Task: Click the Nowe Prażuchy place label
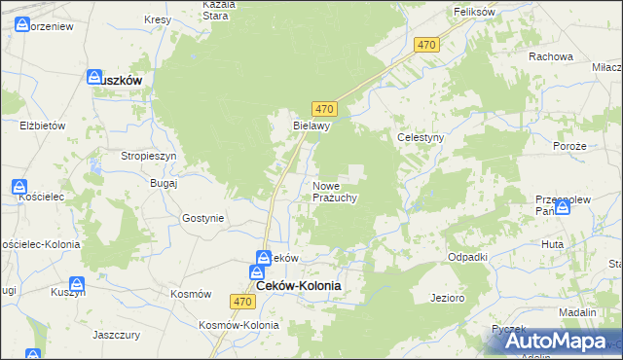coord(336,192)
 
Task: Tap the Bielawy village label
coord(313,126)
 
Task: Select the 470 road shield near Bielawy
coord(325,108)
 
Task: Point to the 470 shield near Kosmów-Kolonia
coord(243,303)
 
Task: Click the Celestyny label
coord(421,138)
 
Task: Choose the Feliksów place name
coord(476,12)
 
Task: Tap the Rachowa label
coord(550,56)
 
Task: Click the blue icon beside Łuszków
coord(94,77)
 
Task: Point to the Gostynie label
coord(202,219)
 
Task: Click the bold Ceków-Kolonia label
coord(299,286)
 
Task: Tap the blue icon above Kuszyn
coord(77,286)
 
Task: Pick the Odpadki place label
coord(467,256)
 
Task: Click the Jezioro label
coord(447,297)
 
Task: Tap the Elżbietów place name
coord(42,126)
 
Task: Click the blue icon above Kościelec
coord(20,187)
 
